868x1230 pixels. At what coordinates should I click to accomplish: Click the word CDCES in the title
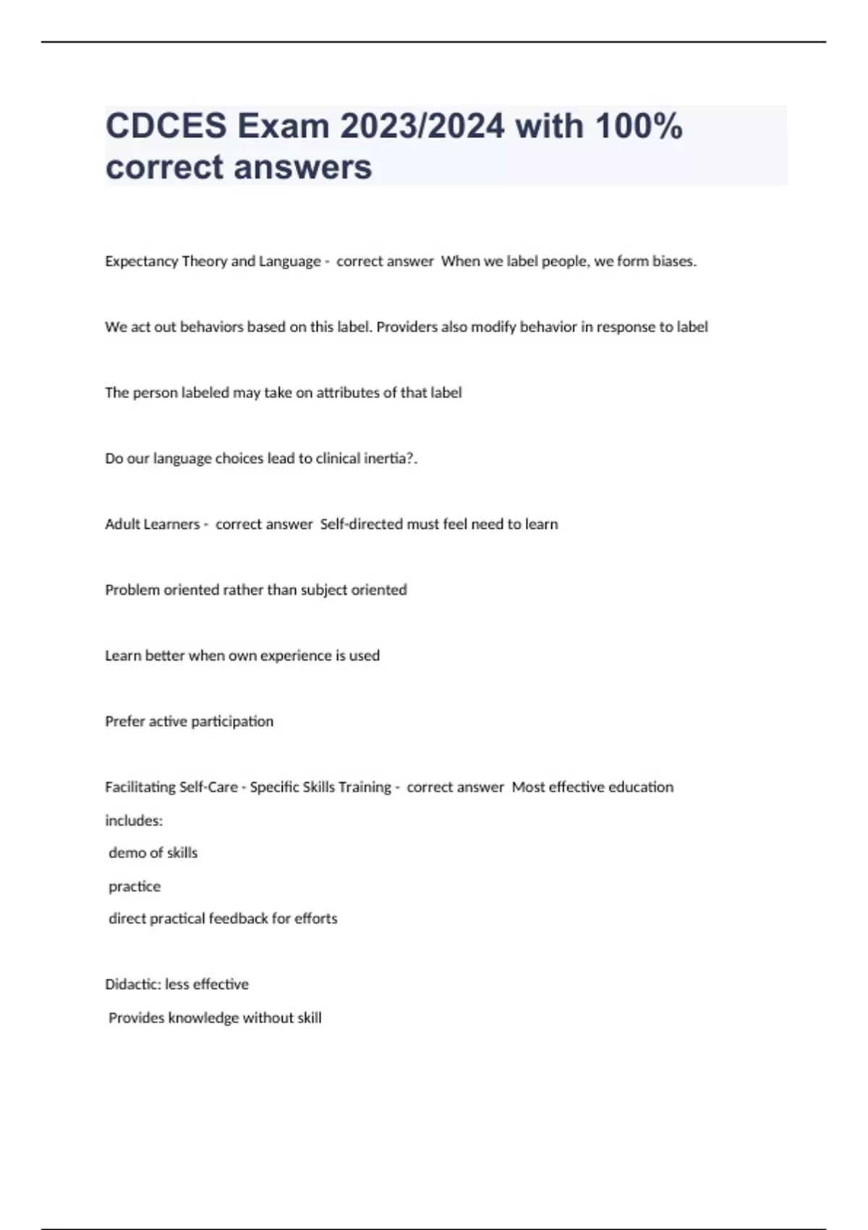coord(166,127)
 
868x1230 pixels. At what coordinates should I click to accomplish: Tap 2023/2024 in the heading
coord(422,127)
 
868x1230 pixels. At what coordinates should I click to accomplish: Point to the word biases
coord(673,261)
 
